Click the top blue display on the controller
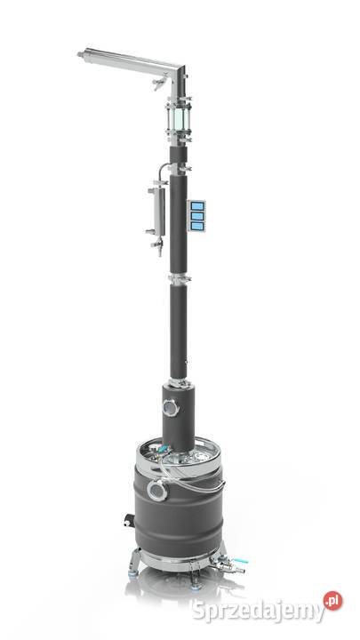(x=196, y=207)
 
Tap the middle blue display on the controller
(x=196, y=217)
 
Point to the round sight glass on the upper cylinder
(x=166, y=408)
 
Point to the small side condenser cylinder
(x=158, y=205)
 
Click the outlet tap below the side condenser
(x=156, y=246)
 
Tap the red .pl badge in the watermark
(x=332, y=601)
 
